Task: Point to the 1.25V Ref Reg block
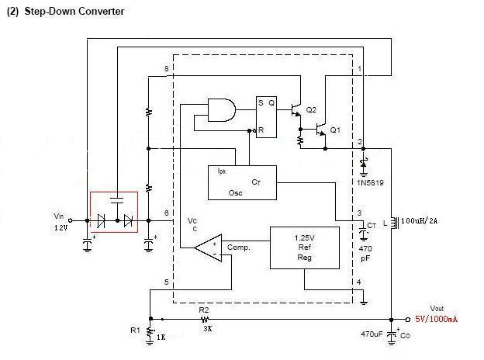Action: click(303, 247)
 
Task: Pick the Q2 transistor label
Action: click(311, 111)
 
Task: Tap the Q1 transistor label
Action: click(335, 129)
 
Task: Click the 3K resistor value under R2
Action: click(205, 329)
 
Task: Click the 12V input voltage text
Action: click(60, 229)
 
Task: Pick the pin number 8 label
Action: click(167, 70)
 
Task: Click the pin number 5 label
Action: click(167, 282)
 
